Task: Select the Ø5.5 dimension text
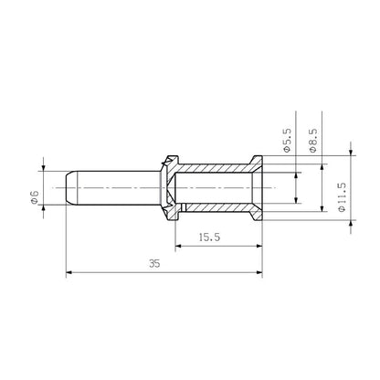pyautogui.click(x=287, y=144)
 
